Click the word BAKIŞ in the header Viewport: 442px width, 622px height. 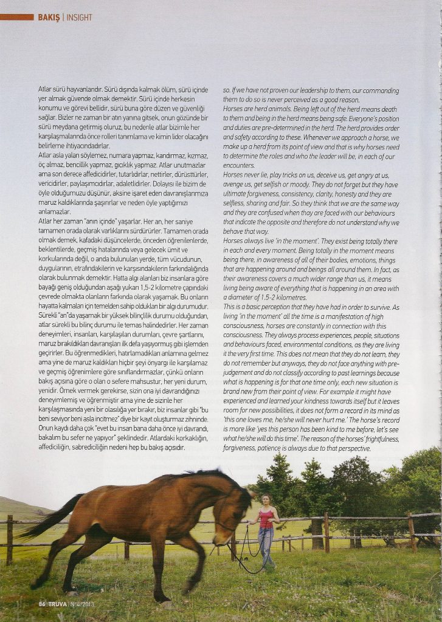49,17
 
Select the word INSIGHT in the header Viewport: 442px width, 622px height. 79,17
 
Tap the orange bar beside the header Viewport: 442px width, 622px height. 17,17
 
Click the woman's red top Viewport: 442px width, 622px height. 266,519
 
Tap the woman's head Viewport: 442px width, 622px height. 265,499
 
